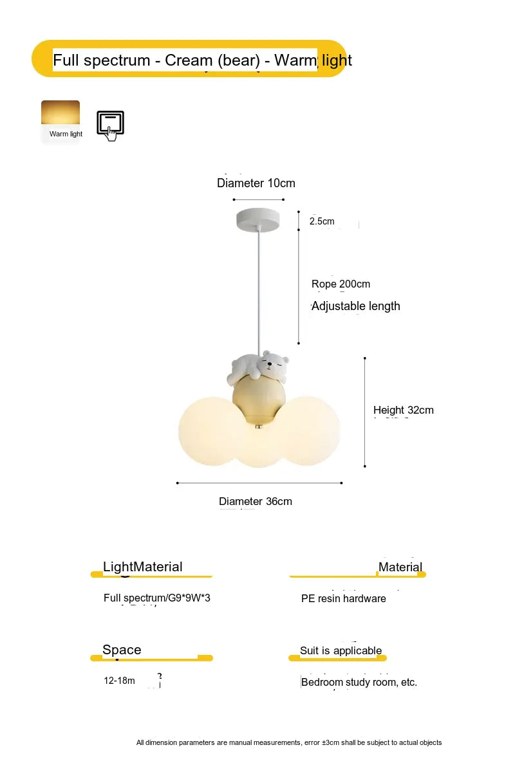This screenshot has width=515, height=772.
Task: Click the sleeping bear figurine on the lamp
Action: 259,367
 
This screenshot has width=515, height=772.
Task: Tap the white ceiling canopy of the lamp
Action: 258,220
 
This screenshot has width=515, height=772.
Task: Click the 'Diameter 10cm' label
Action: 256,183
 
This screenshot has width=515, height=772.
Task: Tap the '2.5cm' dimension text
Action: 322,221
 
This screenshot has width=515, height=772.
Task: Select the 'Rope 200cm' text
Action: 341,284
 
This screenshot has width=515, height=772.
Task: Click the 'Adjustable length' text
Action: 355,306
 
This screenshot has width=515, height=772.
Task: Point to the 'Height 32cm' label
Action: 403,410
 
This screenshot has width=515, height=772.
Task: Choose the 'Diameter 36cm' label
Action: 255,501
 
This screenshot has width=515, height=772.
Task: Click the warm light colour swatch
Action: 61,113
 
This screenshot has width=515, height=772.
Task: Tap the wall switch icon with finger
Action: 110,125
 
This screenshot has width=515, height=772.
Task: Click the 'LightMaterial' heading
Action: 142,567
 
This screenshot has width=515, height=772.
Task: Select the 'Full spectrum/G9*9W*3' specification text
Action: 156,598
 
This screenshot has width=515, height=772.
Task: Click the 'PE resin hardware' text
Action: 343,598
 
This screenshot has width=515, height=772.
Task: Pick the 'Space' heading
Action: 122,650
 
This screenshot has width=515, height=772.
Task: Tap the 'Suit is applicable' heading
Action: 341,650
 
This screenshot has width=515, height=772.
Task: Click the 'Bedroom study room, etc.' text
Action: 359,682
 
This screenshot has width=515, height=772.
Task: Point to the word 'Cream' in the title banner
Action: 189,60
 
